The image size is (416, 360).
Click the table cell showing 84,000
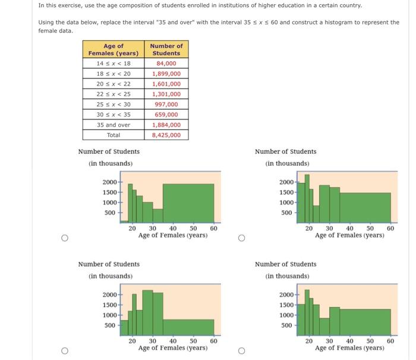pyautogui.click(x=166, y=64)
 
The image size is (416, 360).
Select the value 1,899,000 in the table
pyautogui.click(x=166, y=74)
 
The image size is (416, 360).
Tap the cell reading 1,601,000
pyautogui.click(x=166, y=84)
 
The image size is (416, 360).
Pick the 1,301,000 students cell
pyautogui.click(x=166, y=94)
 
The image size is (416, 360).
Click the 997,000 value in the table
pyautogui.click(x=166, y=104)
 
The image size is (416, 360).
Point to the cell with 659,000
pyautogui.click(x=166, y=114)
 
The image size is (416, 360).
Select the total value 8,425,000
pyautogui.click(x=166, y=135)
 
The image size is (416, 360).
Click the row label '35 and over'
pyautogui.click(x=114, y=125)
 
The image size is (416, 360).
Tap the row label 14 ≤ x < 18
pyautogui.click(x=114, y=64)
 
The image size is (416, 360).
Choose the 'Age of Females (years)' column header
pyautogui.click(x=114, y=49)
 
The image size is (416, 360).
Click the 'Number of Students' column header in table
pyautogui.click(x=166, y=49)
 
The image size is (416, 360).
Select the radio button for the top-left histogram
pyautogui.click(x=64, y=238)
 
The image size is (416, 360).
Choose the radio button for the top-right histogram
pyautogui.click(x=241, y=238)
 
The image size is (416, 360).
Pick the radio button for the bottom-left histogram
pyautogui.click(x=64, y=351)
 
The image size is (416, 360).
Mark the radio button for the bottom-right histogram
pyautogui.click(x=241, y=351)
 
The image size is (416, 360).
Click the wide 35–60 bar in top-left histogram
pyautogui.click(x=188, y=203)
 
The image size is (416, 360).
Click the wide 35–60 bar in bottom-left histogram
pyautogui.click(x=188, y=327)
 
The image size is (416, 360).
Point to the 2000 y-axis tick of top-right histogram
pyautogui.click(x=286, y=182)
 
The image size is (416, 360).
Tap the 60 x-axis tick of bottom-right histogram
pyautogui.click(x=390, y=341)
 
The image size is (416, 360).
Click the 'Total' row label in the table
pyautogui.click(x=114, y=135)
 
